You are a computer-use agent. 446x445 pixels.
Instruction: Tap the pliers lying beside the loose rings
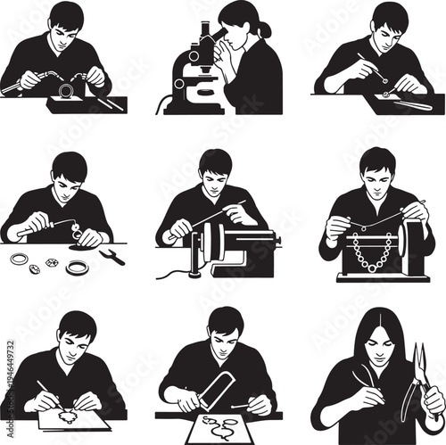click(x=112, y=256)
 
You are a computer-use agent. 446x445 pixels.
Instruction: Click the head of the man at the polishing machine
click(x=215, y=168)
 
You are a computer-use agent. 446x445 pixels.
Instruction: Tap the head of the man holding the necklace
click(x=377, y=167)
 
